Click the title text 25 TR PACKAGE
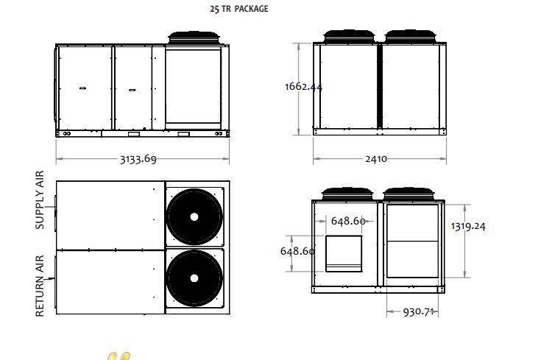[x=238, y=9]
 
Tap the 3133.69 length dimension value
[x=138, y=159]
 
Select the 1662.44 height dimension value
[x=303, y=86]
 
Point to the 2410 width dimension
[x=376, y=159]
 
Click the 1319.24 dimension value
[x=468, y=226]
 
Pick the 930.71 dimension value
[x=418, y=312]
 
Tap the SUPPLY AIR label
[x=40, y=200]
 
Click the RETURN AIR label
[x=40, y=286]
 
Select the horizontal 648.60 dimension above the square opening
[x=348, y=221]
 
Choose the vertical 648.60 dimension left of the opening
[x=297, y=251]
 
